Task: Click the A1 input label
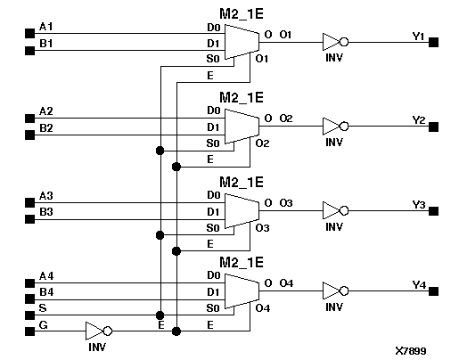tap(46, 26)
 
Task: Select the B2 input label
tap(46, 127)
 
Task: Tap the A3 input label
tap(46, 195)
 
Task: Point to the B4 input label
tap(46, 291)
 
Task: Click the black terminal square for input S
tap(29, 314)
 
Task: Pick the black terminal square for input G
tap(29, 331)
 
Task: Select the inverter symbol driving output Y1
tap(332, 42)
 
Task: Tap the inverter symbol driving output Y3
tap(332, 211)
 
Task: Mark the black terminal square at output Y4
tap(434, 296)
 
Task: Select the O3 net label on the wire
tap(287, 203)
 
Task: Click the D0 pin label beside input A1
tap(213, 26)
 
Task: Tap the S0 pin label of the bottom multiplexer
tap(213, 308)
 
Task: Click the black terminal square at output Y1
tap(434, 42)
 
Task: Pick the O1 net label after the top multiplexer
tap(287, 34)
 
